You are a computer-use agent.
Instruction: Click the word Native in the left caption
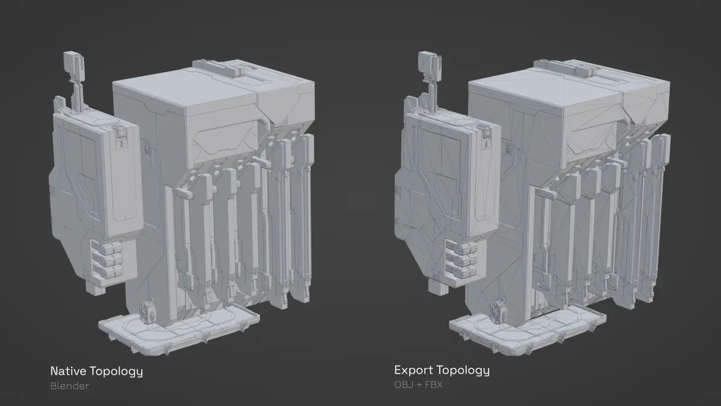[x=68, y=371]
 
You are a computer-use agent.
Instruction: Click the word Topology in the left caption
[x=116, y=372]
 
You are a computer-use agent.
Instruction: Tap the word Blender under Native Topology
[x=70, y=386]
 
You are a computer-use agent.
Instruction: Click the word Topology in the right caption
[x=463, y=371]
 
